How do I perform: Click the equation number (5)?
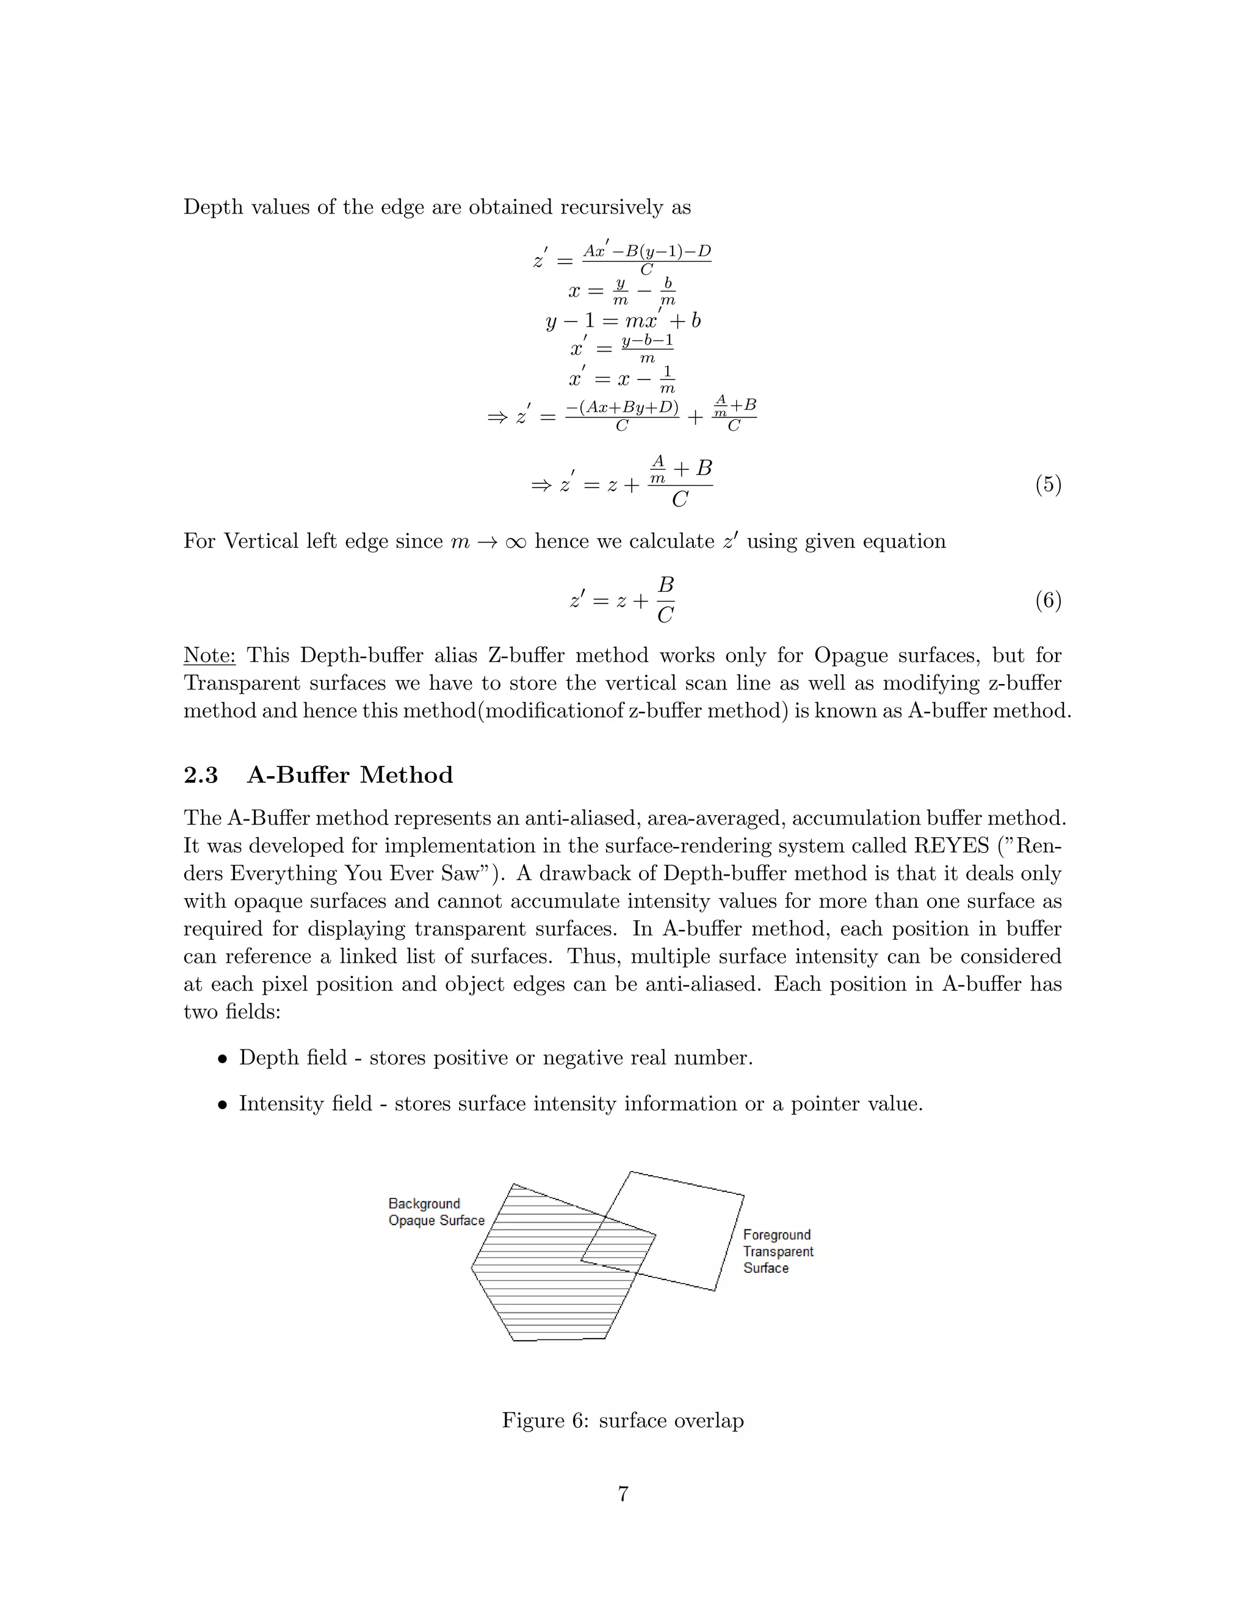point(1048,485)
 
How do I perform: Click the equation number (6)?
point(1048,600)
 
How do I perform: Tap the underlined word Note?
point(209,655)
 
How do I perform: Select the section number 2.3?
point(201,775)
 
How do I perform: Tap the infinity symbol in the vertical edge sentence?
point(515,542)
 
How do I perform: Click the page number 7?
point(624,1494)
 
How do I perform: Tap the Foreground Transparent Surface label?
point(778,1251)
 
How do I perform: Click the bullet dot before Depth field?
point(222,1059)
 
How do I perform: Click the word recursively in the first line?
point(612,207)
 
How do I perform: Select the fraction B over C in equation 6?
point(665,600)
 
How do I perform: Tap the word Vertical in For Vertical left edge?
point(259,541)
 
